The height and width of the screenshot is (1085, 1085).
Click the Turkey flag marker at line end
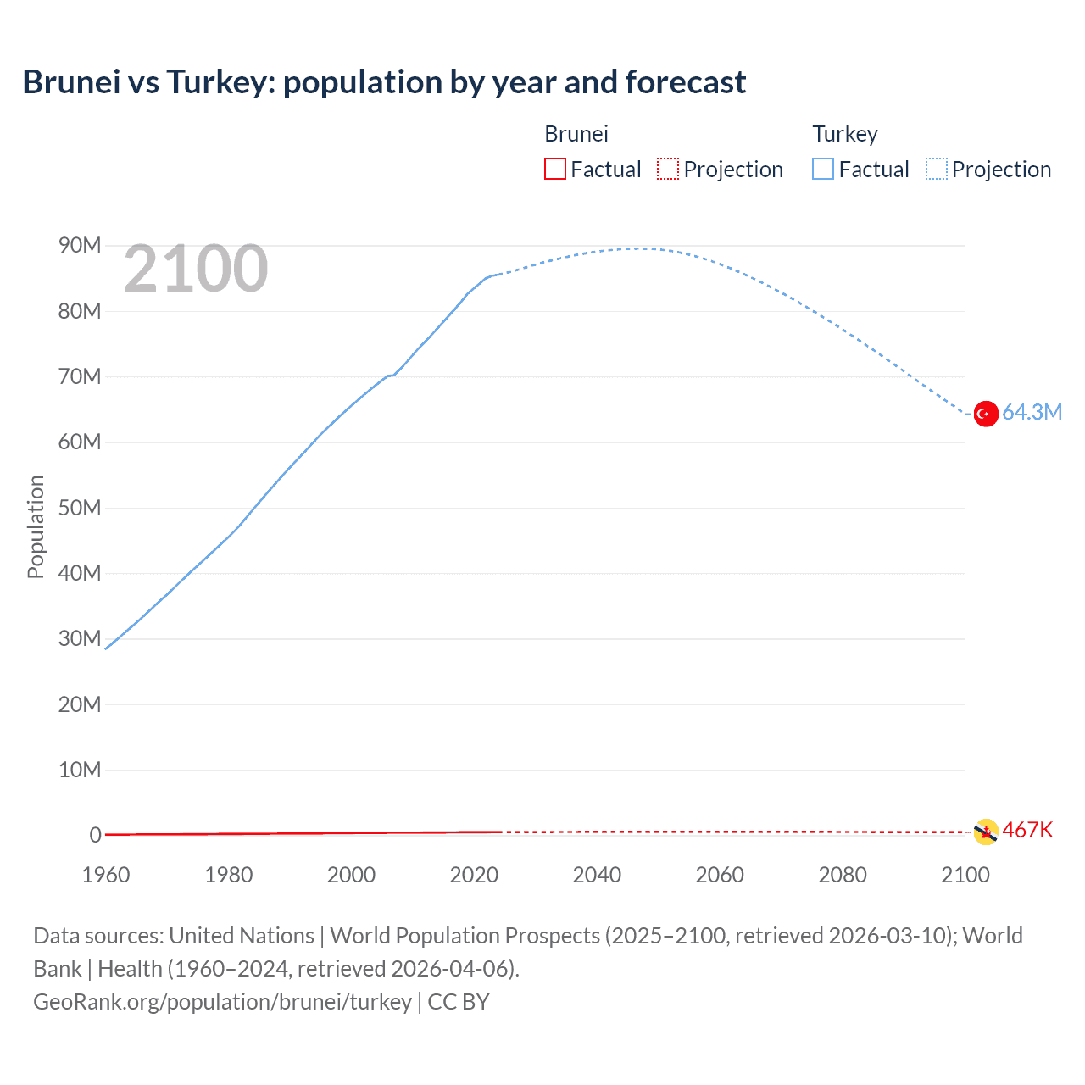point(985,414)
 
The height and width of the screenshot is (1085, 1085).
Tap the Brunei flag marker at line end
point(985,832)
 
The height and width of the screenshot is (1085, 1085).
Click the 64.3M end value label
point(1032,413)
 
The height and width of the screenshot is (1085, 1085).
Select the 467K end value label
point(1027,831)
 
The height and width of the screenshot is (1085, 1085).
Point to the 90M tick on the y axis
point(80,246)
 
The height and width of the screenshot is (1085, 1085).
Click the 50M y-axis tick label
point(80,508)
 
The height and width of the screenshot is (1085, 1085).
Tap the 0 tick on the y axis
point(95,835)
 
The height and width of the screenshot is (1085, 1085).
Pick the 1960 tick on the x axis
point(106,875)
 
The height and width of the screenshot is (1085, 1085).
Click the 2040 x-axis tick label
point(597,875)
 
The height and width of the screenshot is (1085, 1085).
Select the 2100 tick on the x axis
point(965,875)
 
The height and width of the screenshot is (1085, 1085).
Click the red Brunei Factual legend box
point(554,170)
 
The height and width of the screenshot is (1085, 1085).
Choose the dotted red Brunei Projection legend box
point(668,170)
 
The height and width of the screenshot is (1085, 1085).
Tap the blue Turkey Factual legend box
point(823,170)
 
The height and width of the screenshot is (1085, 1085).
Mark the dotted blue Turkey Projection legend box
point(936,170)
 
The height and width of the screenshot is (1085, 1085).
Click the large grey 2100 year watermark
point(196,270)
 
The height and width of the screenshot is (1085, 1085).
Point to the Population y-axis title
point(36,526)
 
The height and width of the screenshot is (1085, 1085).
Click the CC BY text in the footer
point(459,1002)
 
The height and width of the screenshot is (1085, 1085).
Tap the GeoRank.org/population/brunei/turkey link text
point(222,1002)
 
